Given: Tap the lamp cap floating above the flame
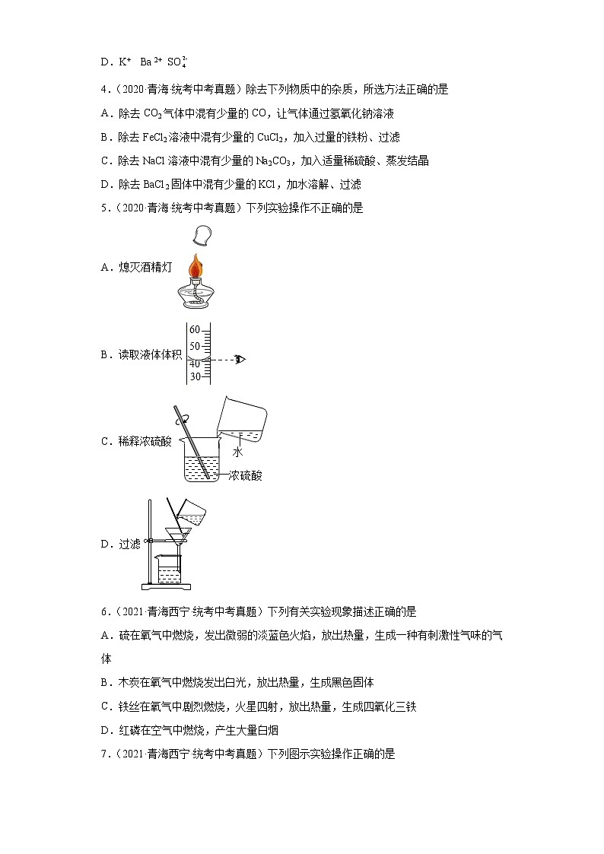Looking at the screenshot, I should pyautogui.click(x=202, y=235).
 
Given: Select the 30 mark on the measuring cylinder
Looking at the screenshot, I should pyautogui.click(x=195, y=376).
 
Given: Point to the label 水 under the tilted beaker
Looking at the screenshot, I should pyautogui.click(x=237, y=452).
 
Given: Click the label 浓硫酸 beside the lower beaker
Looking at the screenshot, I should pyautogui.click(x=246, y=475).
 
